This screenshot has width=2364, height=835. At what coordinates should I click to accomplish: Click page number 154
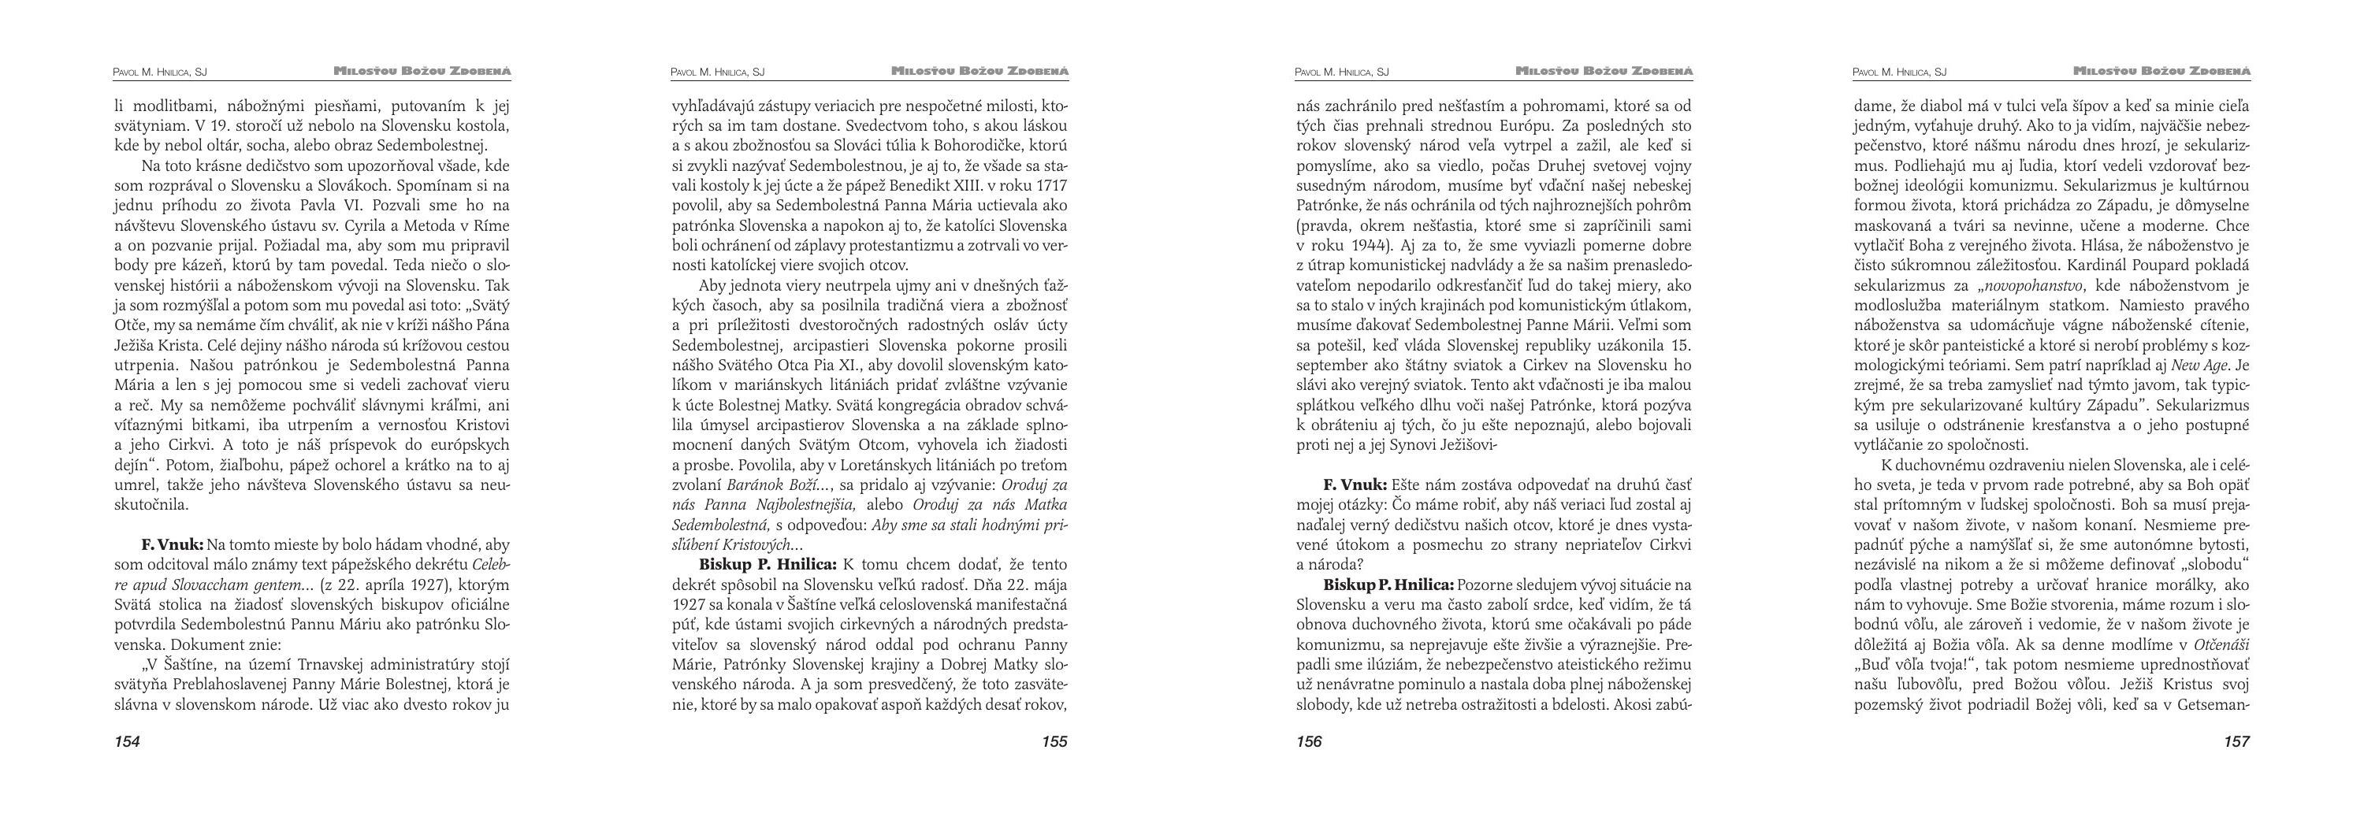pos(127,741)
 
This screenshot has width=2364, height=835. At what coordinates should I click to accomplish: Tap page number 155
pos(1054,741)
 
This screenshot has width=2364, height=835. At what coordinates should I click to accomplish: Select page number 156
pos(1309,741)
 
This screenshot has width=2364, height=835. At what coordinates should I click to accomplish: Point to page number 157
pos(2236,741)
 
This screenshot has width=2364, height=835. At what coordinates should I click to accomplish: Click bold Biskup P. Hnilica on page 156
pos(1388,585)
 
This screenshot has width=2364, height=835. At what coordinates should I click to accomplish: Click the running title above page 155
pos(980,71)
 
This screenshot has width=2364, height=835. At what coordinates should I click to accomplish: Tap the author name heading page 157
pos(1899,72)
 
